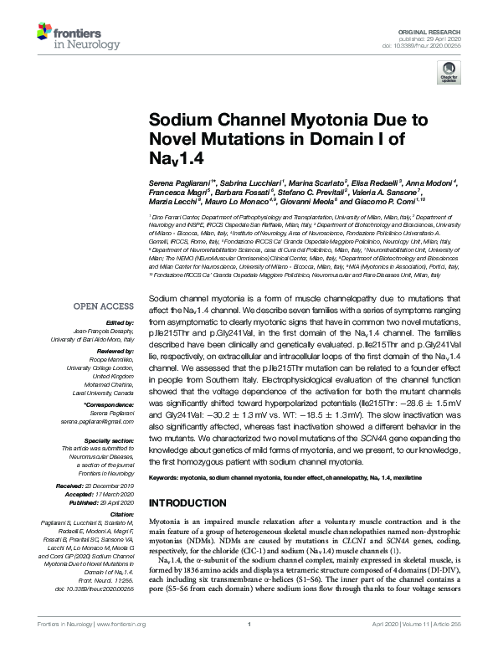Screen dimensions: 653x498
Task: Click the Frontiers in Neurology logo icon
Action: tap(47, 34)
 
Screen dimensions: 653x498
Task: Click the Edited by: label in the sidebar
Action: tap(118, 321)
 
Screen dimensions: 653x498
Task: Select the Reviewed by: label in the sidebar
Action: tap(112, 351)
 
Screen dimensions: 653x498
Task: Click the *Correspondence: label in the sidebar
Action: tap(110, 404)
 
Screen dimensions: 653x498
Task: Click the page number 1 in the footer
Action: tap(249, 647)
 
